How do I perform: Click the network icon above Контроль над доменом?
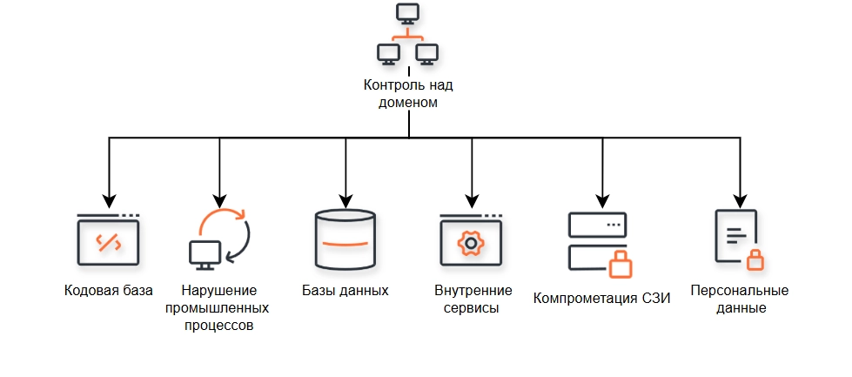tap(407, 36)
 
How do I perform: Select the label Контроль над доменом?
tap(408, 93)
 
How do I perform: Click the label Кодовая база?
tap(109, 290)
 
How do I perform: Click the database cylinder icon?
tap(345, 240)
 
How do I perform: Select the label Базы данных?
tap(345, 290)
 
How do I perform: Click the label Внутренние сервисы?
tap(472, 299)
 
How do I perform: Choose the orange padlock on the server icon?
tap(620, 263)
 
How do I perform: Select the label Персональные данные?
tap(739, 299)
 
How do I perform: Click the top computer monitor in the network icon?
tap(407, 14)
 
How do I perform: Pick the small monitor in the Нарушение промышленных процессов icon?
tap(202, 252)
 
